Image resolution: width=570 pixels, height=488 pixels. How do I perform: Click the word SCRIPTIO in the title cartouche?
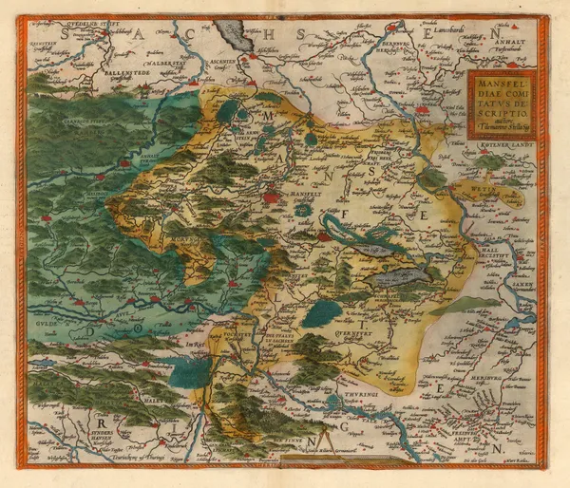click(502, 110)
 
